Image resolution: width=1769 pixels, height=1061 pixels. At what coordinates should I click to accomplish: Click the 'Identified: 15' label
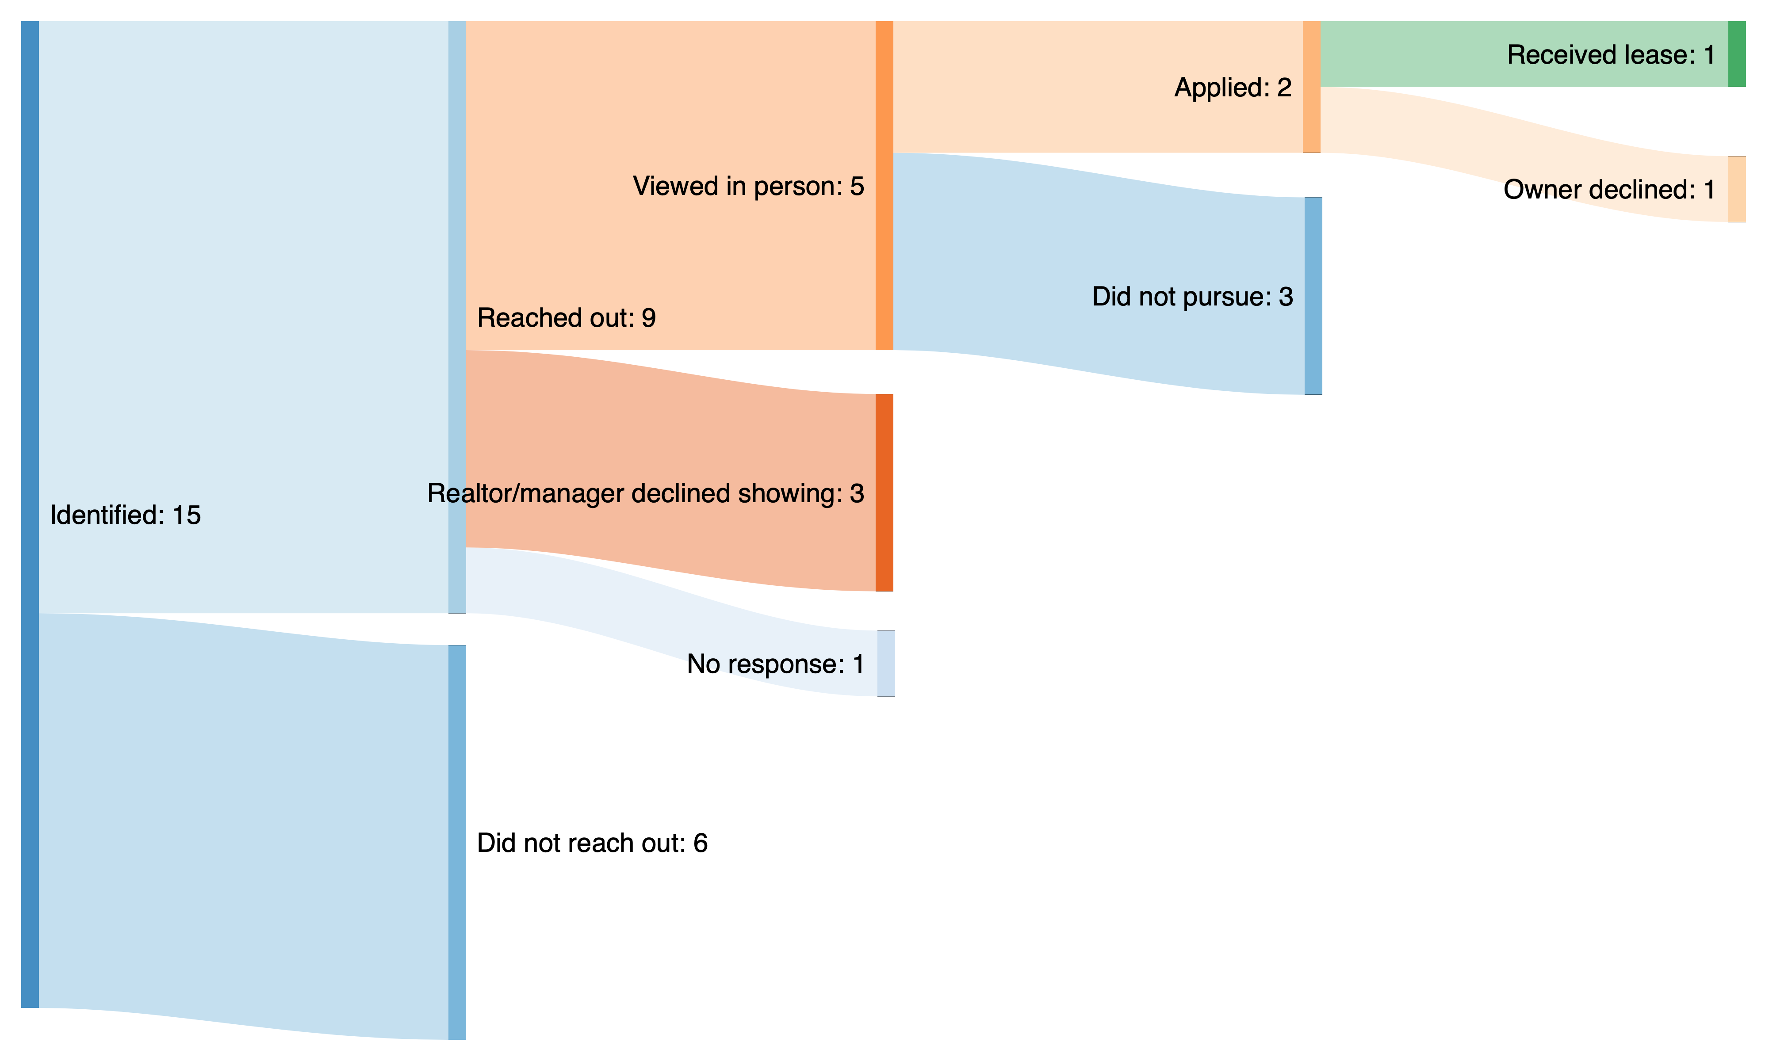[x=126, y=515]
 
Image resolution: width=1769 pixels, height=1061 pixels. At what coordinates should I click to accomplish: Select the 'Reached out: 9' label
[x=567, y=317]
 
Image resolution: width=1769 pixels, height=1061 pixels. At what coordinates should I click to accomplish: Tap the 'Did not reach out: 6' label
[x=592, y=843]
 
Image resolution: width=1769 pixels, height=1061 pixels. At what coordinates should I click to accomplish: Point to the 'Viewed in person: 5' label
[x=749, y=186]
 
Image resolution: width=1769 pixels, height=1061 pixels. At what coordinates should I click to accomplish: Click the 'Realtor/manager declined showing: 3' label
[x=646, y=493]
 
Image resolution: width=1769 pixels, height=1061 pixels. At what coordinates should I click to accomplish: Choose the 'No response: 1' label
[x=776, y=664]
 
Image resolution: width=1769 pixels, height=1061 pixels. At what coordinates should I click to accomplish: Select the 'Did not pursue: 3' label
[x=1193, y=296]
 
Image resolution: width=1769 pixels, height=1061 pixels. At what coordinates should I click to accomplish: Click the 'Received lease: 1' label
[x=1611, y=54]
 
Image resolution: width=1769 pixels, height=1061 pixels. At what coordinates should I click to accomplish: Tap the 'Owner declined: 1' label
[x=1609, y=190]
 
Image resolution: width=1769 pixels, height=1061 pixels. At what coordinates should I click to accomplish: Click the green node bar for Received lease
[x=1737, y=54]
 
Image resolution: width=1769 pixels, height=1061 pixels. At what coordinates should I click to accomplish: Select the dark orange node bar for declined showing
[x=884, y=492]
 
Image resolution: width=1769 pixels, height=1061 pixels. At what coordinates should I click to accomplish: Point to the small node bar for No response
[x=886, y=664]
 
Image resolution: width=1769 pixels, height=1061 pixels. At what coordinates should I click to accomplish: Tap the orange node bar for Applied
[x=1311, y=87]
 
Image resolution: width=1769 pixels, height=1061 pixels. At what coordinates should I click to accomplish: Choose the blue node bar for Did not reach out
[x=457, y=842]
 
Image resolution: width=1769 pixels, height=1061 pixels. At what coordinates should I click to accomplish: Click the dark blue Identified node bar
[x=30, y=515]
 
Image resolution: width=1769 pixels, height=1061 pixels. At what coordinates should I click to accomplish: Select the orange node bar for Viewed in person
[x=884, y=186]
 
